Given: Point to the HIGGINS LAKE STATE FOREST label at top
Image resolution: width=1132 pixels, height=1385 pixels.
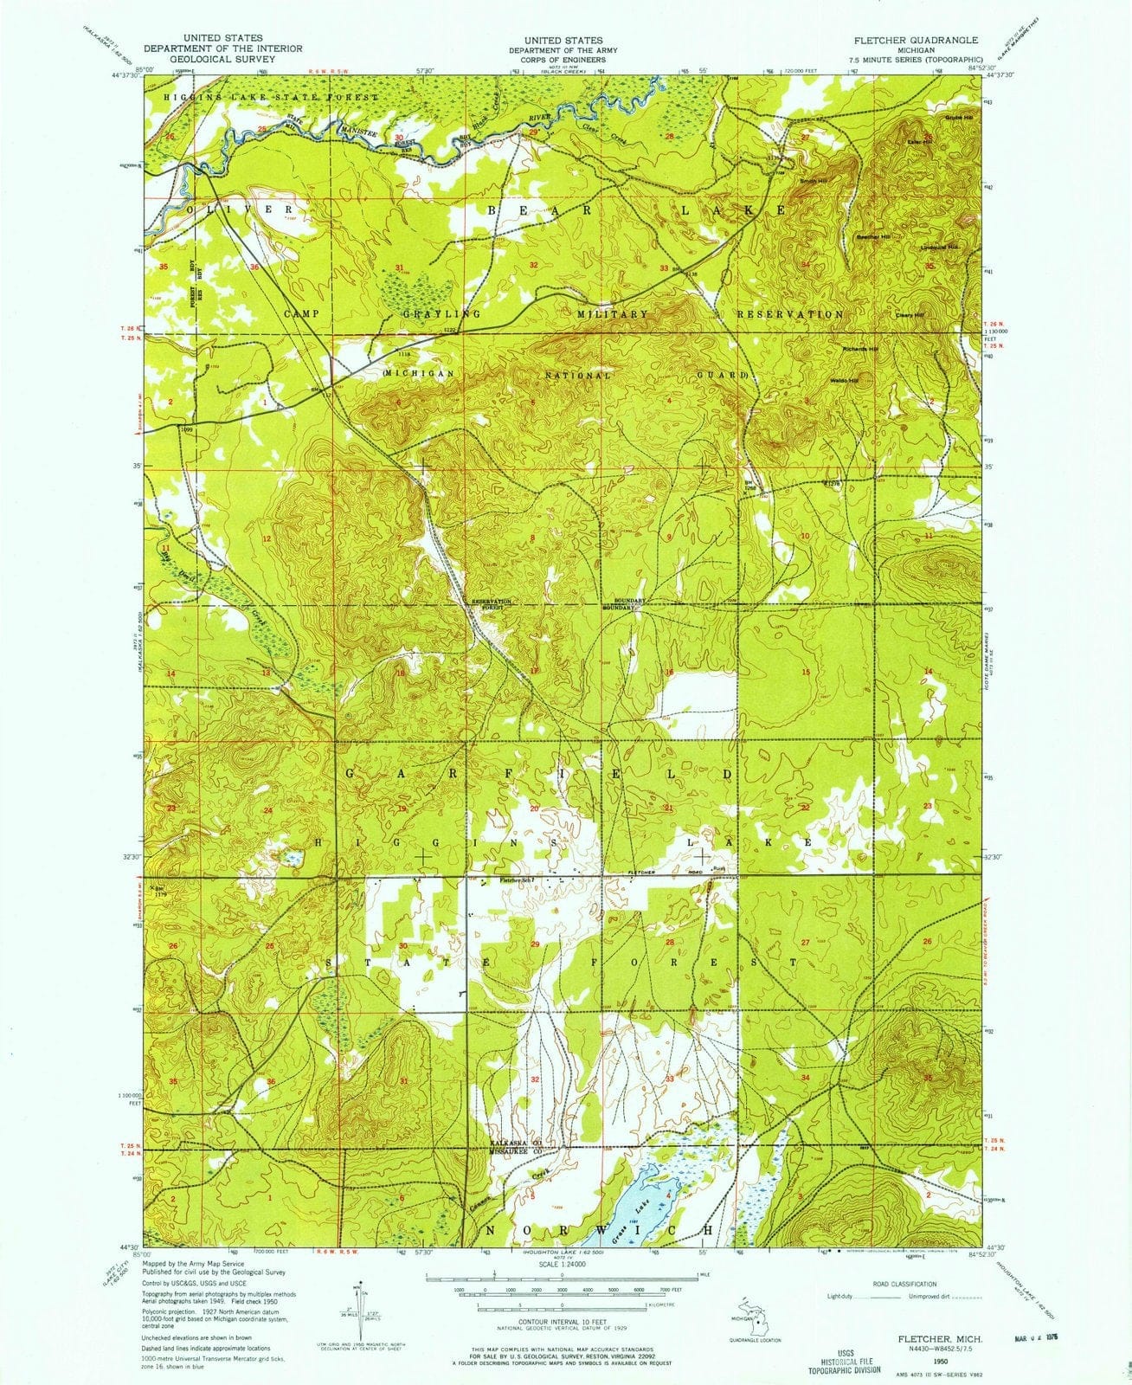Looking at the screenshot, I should (271, 98).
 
